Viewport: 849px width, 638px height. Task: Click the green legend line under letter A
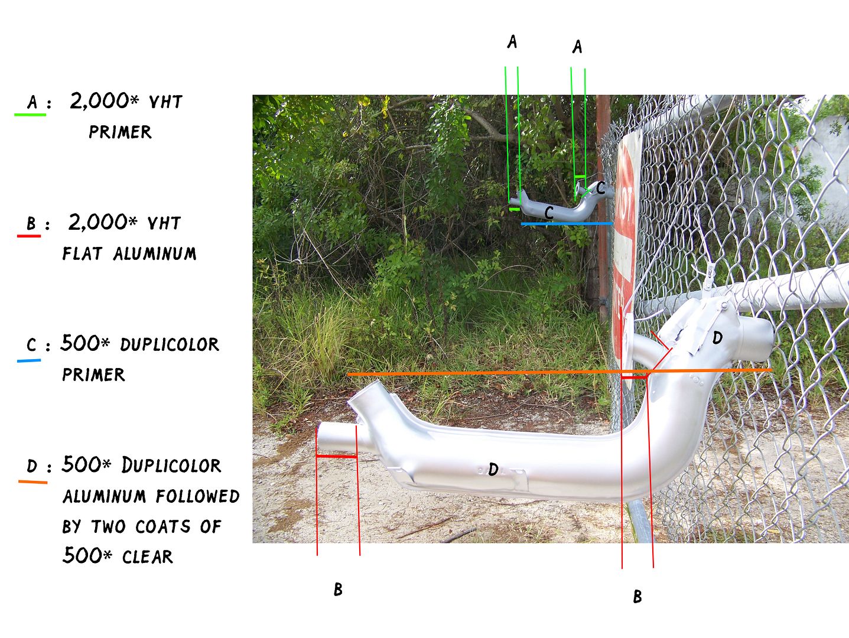click(30, 115)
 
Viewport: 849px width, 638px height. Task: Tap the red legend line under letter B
click(29, 236)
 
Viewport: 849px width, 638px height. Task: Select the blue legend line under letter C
click(29, 361)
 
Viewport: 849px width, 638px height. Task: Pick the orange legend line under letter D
click(33, 482)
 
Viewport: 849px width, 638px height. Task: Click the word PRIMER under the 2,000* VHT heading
click(121, 132)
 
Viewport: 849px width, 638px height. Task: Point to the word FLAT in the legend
click(82, 253)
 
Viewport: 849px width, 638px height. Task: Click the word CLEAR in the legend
click(148, 557)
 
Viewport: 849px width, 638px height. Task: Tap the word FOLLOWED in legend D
click(198, 496)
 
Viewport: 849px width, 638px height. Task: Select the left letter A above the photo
click(512, 42)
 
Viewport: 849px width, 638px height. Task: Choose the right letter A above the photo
click(577, 47)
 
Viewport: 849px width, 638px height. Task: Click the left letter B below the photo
click(338, 590)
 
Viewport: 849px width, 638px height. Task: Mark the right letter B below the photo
click(637, 597)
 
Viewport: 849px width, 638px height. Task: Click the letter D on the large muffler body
click(493, 470)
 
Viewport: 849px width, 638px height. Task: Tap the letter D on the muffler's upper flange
click(717, 338)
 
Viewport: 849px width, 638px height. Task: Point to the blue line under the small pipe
click(567, 223)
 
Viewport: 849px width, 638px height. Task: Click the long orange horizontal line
click(560, 372)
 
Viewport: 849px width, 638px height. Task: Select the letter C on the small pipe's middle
click(549, 213)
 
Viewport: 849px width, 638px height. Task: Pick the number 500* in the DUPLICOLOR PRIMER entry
click(85, 343)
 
